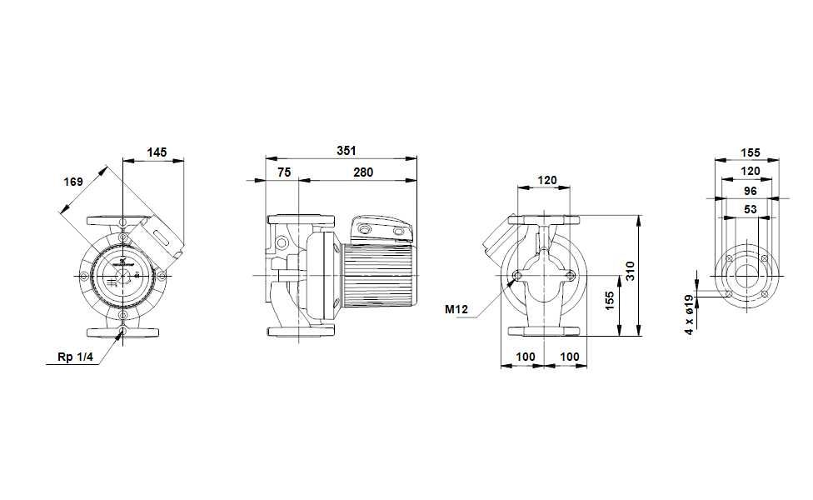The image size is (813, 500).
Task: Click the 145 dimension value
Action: pyautogui.click(x=157, y=152)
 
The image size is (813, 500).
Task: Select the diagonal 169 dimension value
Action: pyautogui.click(x=74, y=181)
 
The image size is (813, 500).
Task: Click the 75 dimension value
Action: pyautogui.click(x=284, y=172)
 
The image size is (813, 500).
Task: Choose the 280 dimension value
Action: pyautogui.click(x=362, y=172)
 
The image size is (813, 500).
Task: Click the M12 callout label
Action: pyautogui.click(x=456, y=308)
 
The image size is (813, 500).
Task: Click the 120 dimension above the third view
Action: pyautogui.click(x=546, y=180)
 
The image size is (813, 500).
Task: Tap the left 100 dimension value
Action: pyautogui.click(x=526, y=357)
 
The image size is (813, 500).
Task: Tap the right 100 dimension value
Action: pyautogui.click(x=569, y=357)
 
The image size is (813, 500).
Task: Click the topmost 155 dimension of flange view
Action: pyautogui.click(x=750, y=152)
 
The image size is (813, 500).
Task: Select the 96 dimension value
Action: pyautogui.click(x=750, y=190)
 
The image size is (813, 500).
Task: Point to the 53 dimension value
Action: pyautogui.click(x=750, y=209)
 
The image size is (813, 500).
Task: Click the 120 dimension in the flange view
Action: pyautogui.click(x=750, y=171)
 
